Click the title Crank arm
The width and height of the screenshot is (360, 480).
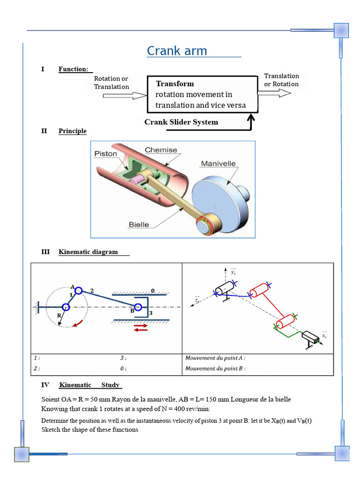pyautogui.click(x=177, y=51)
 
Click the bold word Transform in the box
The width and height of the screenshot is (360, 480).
pyautogui.click(x=174, y=84)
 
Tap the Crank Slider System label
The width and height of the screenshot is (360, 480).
pyautogui.click(x=181, y=122)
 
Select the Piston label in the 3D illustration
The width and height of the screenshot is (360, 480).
pyautogui.click(x=105, y=154)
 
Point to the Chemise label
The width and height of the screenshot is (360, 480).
pyautogui.click(x=161, y=150)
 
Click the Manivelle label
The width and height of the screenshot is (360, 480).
pyautogui.click(x=218, y=164)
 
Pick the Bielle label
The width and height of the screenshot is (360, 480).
pyautogui.click(x=139, y=225)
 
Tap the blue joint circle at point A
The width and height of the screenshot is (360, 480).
pyautogui.click(x=78, y=291)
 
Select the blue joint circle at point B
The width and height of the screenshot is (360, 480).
pyautogui.click(x=137, y=307)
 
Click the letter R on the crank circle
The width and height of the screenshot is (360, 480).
pyautogui.click(x=59, y=316)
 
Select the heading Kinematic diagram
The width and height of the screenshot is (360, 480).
pyautogui.click(x=88, y=252)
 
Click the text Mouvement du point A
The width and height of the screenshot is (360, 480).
pyautogui.click(x=215, y=358)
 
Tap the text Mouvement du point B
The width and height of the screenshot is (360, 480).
pyautogui.click(x=215, y=368)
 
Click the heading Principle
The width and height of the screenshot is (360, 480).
pyautogui.click(x=73, y=131)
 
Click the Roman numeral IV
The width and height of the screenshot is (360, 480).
pyautogui.click(x=45, y=385)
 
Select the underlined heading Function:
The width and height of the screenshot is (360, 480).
pyautogui.click(x=74, y=69)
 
